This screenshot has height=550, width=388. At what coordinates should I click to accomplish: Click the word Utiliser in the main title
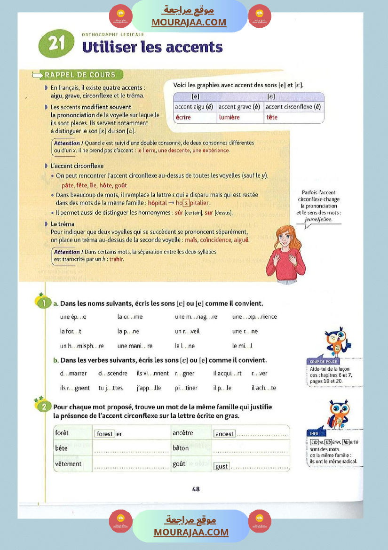coord(108,47)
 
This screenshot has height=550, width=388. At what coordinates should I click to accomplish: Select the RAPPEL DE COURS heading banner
coord(79,74)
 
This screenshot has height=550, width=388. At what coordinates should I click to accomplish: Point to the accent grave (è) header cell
coord(239,107)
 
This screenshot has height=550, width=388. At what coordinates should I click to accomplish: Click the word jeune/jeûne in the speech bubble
coord(318,219)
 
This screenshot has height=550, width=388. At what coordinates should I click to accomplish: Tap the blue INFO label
coord(314,433)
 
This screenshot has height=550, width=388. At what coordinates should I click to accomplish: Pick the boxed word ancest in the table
coord(224,434)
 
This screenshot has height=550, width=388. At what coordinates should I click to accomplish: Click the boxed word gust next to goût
coord(222,466)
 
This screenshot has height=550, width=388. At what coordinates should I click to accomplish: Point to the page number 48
coord(196,489)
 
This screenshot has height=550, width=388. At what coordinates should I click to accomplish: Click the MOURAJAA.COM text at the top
coord(189,22)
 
